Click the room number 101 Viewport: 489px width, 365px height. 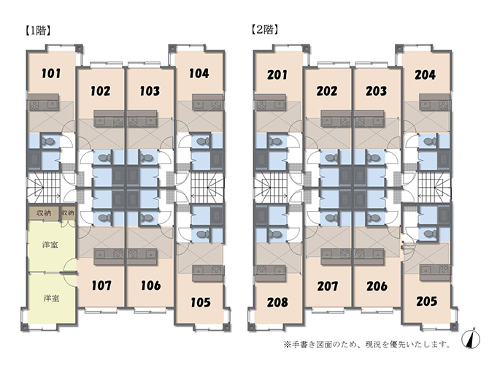[x=51, y=74]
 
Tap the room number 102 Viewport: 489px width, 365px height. [x=101, y=91]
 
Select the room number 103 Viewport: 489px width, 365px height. [x=150, y=91]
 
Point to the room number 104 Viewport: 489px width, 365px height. [x=199, y=74]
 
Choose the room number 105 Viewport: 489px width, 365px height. [x=200, y=302]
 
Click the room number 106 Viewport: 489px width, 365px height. [x=151, y=285]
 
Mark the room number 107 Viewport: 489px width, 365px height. [x=101, y=285]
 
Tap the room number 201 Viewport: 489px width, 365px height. [x=277, y=75]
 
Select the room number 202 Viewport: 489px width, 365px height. [x=327, y=91]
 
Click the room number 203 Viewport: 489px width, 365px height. [x=377, y=91]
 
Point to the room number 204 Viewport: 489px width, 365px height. [x=425, y=75]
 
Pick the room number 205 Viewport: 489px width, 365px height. [x=427, y=301]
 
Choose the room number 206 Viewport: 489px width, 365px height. [x=377, y=286]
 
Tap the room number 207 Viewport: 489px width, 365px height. [x=328, y=286]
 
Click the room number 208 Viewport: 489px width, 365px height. [x=277, y=302]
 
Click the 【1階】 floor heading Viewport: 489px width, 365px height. [x=37, y=31]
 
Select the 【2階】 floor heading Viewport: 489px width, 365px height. [x=264, y=30]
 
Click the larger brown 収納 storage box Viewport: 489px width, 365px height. [x=44, y=213]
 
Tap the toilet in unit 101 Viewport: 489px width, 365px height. [x=48, y=141]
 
